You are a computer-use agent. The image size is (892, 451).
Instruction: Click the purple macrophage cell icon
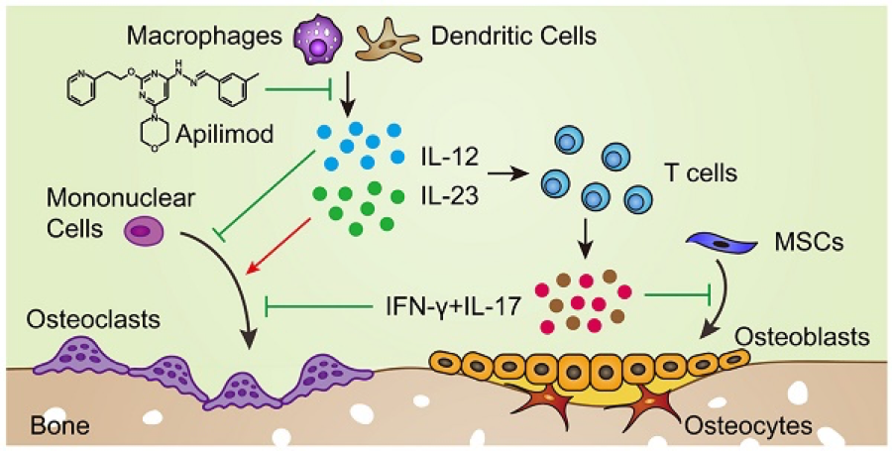coord(320,43)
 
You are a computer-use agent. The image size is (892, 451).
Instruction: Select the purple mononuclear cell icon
coord(143,232)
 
